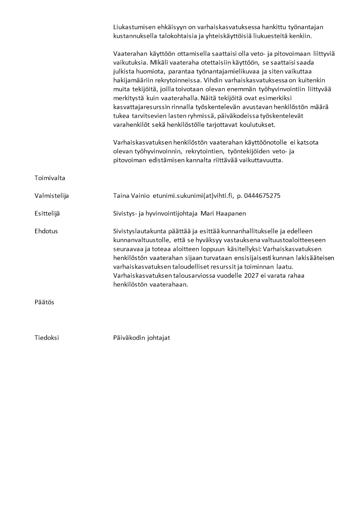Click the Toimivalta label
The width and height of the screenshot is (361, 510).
50,178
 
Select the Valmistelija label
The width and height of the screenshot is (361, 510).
52,196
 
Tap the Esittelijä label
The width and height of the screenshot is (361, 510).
50,214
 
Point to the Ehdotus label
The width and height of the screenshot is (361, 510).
46,231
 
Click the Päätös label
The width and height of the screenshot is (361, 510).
44,302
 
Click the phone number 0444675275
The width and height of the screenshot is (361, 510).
262,196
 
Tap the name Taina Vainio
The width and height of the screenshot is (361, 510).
131,196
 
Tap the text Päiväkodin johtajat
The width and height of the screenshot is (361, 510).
142,338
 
